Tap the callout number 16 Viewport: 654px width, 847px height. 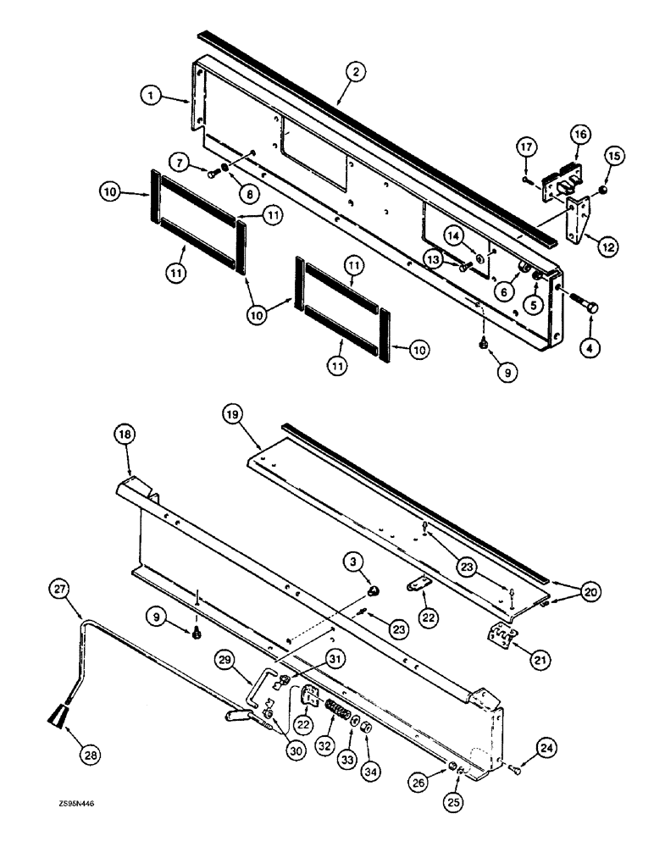point(579,134)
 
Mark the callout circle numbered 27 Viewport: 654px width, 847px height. point(58,598)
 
